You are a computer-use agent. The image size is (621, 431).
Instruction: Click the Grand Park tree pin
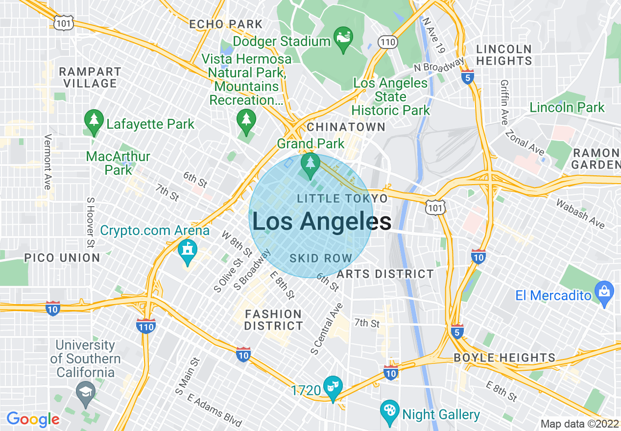(x=310, y=164)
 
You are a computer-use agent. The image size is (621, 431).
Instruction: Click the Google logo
(x=33, y=419)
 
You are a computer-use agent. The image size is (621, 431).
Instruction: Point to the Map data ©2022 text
(x=579, y=424)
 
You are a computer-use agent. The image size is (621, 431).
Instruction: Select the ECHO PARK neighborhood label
(x=226, y=24)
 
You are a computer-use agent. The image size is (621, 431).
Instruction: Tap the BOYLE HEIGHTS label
(x=504, y=358)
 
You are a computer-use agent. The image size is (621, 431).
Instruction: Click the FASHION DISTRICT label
(x=273, y=320)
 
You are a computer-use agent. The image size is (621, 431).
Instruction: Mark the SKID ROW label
(x=321, y=258)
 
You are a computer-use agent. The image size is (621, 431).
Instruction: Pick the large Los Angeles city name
(x=321, y=221)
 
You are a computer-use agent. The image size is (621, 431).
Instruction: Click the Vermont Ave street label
(x=48, y=162)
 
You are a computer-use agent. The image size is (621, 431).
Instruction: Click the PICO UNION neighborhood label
(x=62, y=258)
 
